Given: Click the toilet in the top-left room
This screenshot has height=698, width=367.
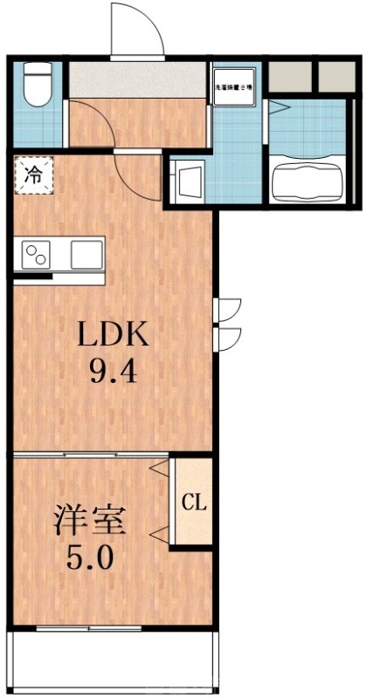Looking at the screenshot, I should coord(37,86).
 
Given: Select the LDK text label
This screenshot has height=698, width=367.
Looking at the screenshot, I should coord(111,334).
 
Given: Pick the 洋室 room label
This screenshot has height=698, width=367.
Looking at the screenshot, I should coord(90,521).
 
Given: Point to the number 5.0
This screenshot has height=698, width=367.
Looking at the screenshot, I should coord(91,557).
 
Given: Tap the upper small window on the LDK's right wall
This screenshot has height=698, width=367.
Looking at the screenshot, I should coord(228,308).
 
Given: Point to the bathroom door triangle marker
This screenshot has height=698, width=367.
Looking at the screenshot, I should coord(279,108).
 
